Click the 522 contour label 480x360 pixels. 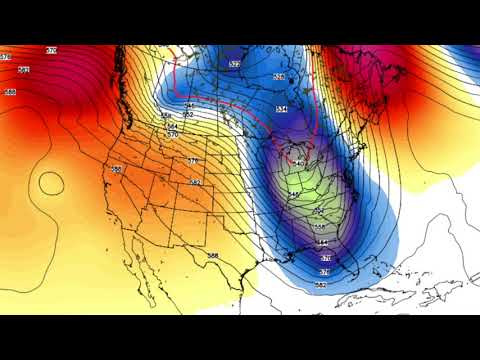[235, 64]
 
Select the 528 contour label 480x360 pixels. [279, 77]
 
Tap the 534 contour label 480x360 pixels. [281, 109]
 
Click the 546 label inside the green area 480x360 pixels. [294, 193]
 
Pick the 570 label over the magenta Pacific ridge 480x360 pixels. [52, 49]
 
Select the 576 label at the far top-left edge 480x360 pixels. [5, 58]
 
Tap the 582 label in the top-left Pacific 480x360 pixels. [24, 69]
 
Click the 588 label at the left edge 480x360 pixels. [10, 92]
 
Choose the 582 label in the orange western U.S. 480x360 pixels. [195, 182]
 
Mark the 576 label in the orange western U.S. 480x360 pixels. [193, 160]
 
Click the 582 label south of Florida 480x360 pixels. [320, 285]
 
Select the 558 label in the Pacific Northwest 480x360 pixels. [167, 116]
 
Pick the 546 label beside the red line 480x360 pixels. [189, 105]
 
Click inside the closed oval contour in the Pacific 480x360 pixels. [48, 182]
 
